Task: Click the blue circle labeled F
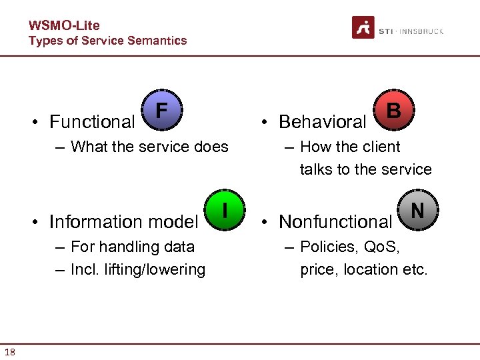click(x=161, y=111)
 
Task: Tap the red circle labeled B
click(x=394, y=111)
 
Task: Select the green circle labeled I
click(x=225, y=211)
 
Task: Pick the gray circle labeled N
click(x=417, y=211)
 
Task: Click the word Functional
click(x=92, y=122)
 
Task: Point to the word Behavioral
click(x=323, y=122)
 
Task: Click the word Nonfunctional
click(x=335, y=221)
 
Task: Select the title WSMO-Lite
click(x=64, y=25)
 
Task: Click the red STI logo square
click(x=363, y=28)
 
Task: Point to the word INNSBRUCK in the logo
click(x=421, y=31)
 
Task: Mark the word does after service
click(x=210, y=147)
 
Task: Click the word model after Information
click(x=175, y=221)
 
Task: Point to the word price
click(x=318, y=269)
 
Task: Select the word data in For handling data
click(x=178, y=247)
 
